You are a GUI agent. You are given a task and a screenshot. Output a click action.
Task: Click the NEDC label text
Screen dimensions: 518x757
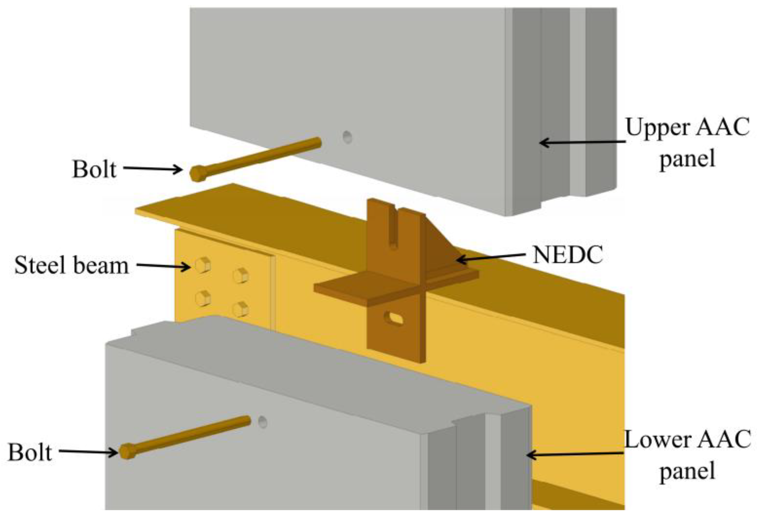(x=568, y=255)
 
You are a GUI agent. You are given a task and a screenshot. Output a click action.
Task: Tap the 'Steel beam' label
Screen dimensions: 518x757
(x=71, y=266)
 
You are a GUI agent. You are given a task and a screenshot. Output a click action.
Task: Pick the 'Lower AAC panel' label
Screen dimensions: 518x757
(x=687, y=455)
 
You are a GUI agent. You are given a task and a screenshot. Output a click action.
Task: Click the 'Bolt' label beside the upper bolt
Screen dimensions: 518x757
(x=94, y=169)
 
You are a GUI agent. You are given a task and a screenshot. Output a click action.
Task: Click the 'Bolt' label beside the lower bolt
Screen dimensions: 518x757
(x=30, y=453)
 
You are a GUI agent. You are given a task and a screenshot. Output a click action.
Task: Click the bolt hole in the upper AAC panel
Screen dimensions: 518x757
(x=347, y=137)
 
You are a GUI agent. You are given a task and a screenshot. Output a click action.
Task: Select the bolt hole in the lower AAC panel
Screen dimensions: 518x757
(x=262, y=422)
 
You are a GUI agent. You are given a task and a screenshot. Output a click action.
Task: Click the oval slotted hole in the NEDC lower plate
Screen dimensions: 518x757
(x=394, y=318)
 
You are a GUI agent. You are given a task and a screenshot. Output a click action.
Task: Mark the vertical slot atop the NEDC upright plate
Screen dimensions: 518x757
(x=393, y=229)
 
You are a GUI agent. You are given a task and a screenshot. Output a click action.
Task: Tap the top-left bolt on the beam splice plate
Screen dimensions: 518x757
(x=203, y=265)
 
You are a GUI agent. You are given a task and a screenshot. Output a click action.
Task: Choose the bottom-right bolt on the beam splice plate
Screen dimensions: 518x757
(x=241, y=309)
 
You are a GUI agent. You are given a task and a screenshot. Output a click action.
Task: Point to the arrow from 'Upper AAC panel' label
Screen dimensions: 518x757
(x=582, y=142)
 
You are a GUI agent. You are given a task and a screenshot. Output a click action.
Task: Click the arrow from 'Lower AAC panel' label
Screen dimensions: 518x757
(x=575, y=454)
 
